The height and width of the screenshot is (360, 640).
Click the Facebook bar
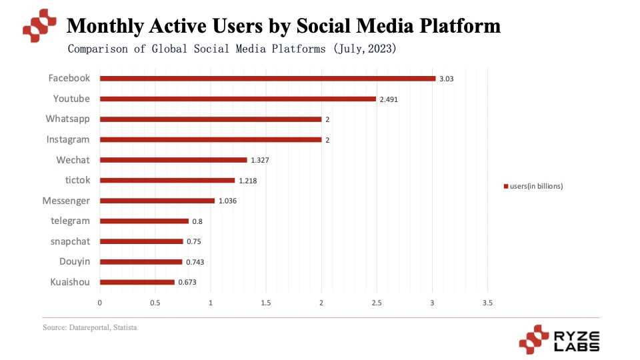(x=267, y=79)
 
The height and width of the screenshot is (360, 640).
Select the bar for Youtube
(x=238, y=99)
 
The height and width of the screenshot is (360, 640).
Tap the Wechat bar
(x=173, y=160)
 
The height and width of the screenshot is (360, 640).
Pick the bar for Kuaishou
(x=137, y=282)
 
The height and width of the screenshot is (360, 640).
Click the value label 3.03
(x=447, y=79)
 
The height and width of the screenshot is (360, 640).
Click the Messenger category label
(x=65, y=201)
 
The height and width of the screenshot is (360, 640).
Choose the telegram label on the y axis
(x=70, y=221)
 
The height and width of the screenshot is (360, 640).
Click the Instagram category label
(x=67, y=139)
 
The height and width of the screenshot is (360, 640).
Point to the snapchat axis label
(x=70, y=241)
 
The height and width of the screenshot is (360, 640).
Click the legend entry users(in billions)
(x=536, y=187)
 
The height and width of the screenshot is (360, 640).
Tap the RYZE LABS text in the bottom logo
(x=577, y=340)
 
